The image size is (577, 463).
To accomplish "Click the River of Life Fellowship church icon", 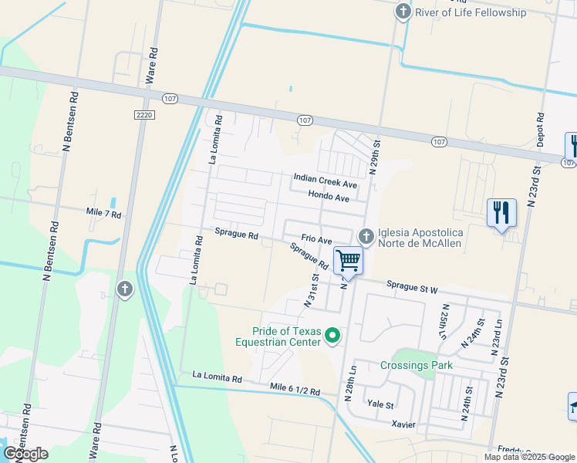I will point(403,12).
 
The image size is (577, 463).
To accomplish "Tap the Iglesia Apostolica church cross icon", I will point(367,235).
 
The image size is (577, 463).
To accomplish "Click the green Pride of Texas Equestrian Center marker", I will point(332,335).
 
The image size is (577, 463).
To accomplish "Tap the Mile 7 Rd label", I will point(104,214).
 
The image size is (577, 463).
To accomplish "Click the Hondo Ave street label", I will point(329,198).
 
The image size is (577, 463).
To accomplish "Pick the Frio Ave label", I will point(316,240).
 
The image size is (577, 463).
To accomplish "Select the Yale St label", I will point(380,404).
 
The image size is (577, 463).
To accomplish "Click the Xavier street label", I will point(403,424).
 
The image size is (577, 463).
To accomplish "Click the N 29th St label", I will point(376,157).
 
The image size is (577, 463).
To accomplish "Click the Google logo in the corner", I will point(26,453).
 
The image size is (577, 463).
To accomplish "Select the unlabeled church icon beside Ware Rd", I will point(123,289).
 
